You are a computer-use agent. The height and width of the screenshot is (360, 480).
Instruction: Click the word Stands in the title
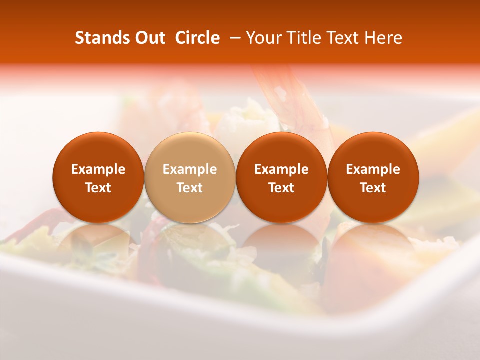tap(101, 38)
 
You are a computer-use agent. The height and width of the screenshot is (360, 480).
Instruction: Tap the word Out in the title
tap(149, 38)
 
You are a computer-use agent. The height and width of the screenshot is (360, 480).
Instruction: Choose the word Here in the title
tap(383, 38)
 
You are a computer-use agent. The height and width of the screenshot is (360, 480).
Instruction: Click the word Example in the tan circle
tap(189, 169)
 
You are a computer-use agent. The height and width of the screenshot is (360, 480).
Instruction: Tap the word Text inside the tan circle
tap(189, 188)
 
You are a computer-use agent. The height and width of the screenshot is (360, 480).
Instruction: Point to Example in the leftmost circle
tap(98, 169)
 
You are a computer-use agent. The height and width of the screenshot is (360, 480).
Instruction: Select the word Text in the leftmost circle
tap(98, 188)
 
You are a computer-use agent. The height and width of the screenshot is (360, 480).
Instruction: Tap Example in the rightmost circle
tap(373, 169)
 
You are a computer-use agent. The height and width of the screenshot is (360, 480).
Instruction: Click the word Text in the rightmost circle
tap(373, 188)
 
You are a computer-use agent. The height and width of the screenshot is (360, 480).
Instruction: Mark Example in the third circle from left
tap(281, 169)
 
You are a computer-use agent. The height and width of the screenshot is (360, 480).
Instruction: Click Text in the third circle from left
tap(281, 188)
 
